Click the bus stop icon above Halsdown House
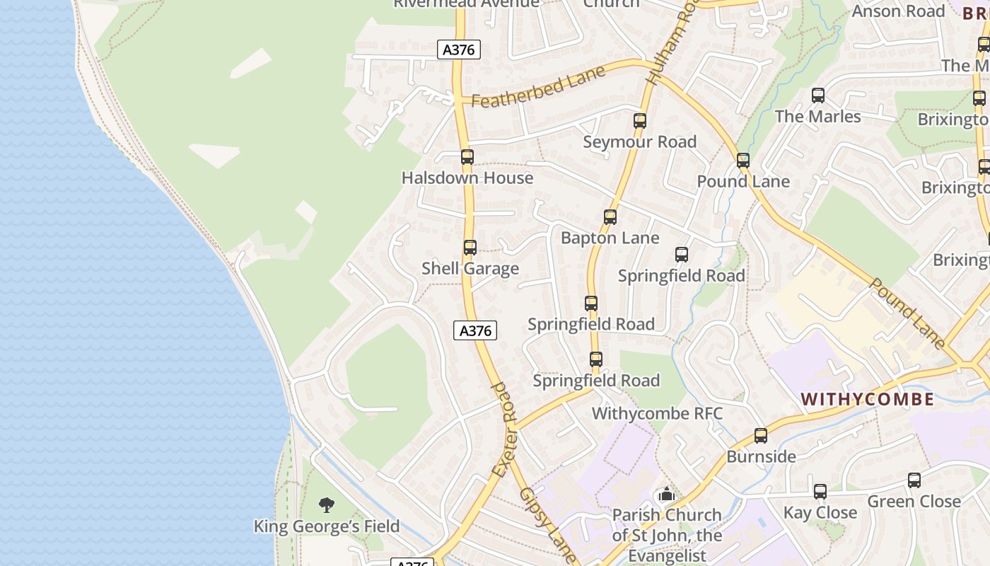pyautogui.click(x=467, y=157)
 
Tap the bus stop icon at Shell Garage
pyautogui.click(x=470, y=248)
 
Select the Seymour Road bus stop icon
pyautogui.click(x=640, y=121)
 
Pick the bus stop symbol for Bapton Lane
pyautogui.click(x=610, y=217)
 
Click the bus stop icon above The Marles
pyautogui.click(x=818, y=96)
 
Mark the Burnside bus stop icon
pyautogui.click(x=761, y=436)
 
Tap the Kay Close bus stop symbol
pyautogui.click(x=820, y=491)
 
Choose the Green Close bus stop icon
pyautogui.click(x=914, y=481)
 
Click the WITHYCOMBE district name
pyautogui.click(x=868, y=399)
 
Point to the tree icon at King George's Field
pyautogui.click(x=326, y=504)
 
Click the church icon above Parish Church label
pyautogui.click(x=666, y=495)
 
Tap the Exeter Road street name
pyautogui.click(x=506, y=429)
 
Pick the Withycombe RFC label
pyautogui.click(x=657, y=412)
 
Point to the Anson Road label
pyautogui.click(x=898, y=11)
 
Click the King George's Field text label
pyautogui.click(x=327, y=526)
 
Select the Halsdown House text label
pyautogui.click(x=467, y=178)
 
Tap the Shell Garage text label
pyautogui.click(x=470, y=269)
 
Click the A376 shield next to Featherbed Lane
pyautogui.click(x=459, y=50)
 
